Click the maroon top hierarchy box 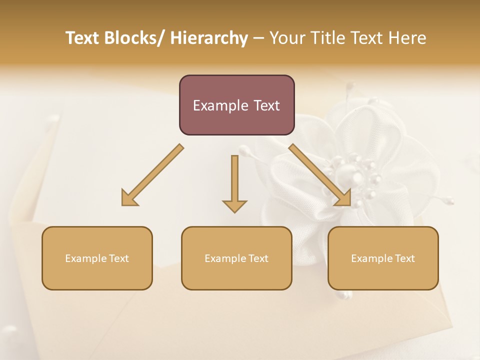coord(236,105)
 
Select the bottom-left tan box coord(97,258)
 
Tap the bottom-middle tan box coord(236,258)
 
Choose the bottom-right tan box coord(383,258)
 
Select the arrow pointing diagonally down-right coord(320,175)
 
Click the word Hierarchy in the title coord(209,38)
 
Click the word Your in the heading coord(286,38)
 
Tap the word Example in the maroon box coord(220,105)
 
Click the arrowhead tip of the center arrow coord(234,211)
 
